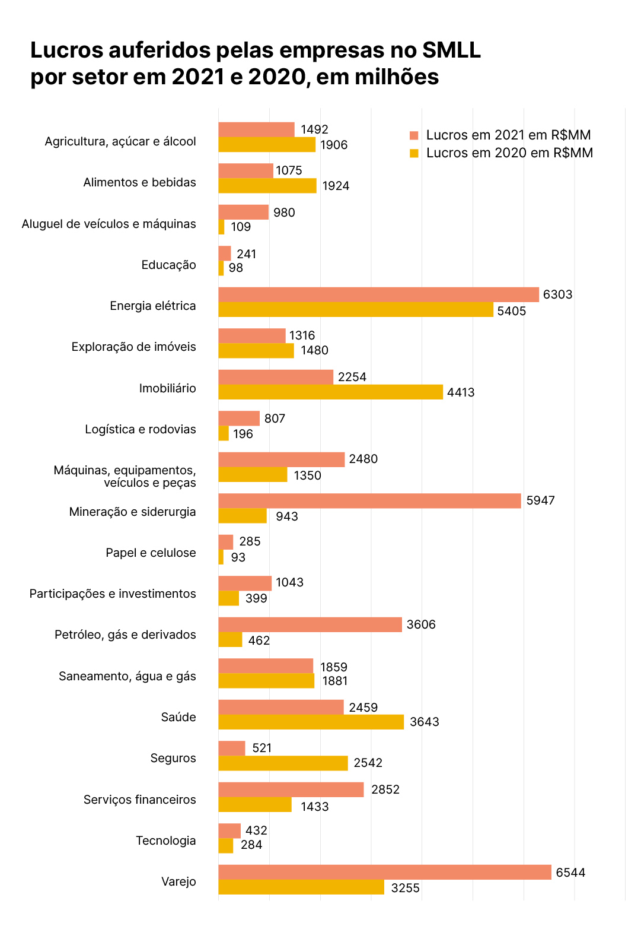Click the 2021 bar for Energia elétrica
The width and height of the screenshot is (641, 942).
coord(378,295)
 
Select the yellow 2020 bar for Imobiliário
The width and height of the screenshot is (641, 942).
coord(330,392)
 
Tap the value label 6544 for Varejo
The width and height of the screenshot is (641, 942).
coord(570,873)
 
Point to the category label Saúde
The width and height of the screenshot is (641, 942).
coord(178,717)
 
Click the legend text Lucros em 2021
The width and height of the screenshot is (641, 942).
coord(508,135)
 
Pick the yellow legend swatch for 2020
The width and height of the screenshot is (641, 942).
coord(414,153)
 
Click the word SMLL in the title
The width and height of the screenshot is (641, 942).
coord(451,50)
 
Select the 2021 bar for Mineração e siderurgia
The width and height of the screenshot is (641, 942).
coord(369,501)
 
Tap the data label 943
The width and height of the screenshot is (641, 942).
coord(287,516)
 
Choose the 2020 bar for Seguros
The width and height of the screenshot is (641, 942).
coord(283,763)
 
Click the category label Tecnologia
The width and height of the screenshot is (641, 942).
coord(166,840)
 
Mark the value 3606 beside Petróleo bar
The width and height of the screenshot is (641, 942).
coord(421,624)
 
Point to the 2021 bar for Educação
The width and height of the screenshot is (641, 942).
coord(225,253)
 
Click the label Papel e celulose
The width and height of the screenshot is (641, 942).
coord(151,553)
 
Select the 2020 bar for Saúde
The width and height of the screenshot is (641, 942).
coord(311,722)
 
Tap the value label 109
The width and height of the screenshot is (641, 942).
coord(241,227)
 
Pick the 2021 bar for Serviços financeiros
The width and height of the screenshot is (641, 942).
coord(291,789)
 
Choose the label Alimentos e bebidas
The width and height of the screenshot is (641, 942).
coord(139,182)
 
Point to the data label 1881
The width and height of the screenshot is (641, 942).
coord(335,681)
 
